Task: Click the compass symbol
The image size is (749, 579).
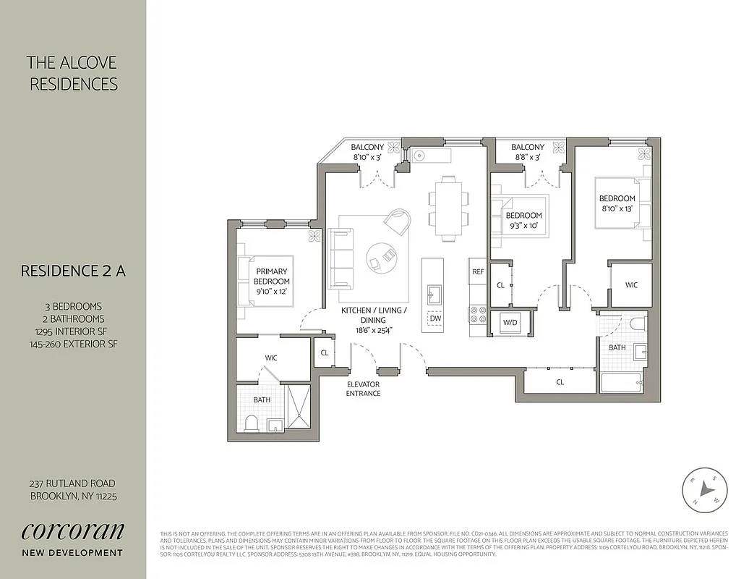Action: coord(703,489)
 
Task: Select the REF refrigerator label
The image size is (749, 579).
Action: coord(478,272)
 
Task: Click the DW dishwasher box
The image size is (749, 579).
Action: coord(435,318)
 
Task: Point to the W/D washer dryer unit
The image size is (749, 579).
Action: coord(510,322)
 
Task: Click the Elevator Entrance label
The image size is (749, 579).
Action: coord(363,389)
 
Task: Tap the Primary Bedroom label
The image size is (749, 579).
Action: coord(272,276)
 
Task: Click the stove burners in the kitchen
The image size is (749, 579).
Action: coord(478,313)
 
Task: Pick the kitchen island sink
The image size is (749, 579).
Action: coord(435,293)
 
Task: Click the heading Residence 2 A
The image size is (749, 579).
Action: coord(73,271)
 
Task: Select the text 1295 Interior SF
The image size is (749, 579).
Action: coord(73,331)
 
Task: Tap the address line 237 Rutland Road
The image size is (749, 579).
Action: coord(73,483)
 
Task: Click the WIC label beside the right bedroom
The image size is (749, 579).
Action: coord(631,285)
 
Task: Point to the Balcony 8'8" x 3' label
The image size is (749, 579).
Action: coord(527,152)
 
